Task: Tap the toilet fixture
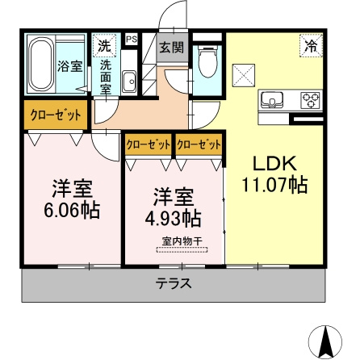click(207, 61)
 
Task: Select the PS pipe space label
click(132, 40)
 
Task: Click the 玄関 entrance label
click(172, 48)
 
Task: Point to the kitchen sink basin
click(272, 100)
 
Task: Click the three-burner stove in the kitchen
click(312, 100)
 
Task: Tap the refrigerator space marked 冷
click(311, 45)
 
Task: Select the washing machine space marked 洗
click(104, 45)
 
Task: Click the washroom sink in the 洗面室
click(129, 82)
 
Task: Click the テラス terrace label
click(174, 283)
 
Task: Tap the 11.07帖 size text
click(274, 185)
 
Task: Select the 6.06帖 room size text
click(72, 211)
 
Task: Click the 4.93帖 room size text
click(173, 218)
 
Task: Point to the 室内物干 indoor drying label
click(182, 241)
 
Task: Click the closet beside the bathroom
click(56, 115)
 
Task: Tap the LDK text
click(274, 163)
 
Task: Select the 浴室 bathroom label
click(70, 66)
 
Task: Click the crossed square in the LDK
click(244, 76)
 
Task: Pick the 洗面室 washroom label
click(106, 77)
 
